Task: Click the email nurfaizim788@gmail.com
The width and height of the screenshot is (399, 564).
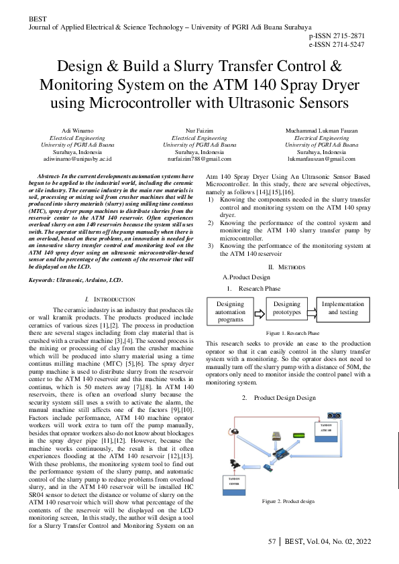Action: [x=199, y=159]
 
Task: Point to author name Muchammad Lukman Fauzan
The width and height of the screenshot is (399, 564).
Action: [x=321, y=130]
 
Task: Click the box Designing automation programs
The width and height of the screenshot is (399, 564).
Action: [x=231, y=311]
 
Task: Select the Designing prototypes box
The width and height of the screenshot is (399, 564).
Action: [x=288, y=308]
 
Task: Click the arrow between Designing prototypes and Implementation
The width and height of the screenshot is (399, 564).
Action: [x=311, y=308]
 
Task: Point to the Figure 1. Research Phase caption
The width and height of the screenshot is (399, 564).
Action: [x=292, y=333]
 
